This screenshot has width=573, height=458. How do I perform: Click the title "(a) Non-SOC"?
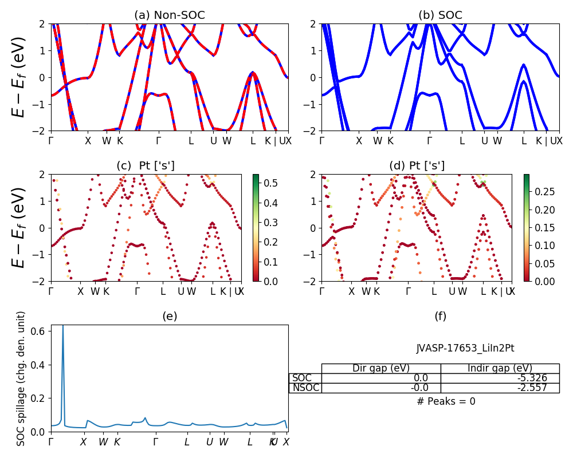169,15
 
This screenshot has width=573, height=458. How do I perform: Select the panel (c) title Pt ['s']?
146,166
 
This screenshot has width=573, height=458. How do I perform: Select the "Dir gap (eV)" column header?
381,368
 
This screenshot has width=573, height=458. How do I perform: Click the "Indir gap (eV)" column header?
500,368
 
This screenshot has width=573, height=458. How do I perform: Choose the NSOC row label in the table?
305,388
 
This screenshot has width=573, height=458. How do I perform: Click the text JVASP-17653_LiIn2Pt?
461,348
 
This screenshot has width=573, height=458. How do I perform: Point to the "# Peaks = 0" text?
446,401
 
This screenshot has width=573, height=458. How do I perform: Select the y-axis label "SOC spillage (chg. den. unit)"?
21,378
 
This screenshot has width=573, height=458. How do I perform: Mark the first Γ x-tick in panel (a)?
51,141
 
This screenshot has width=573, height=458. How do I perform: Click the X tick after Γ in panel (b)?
359,141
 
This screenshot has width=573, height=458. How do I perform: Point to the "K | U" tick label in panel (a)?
274,141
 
